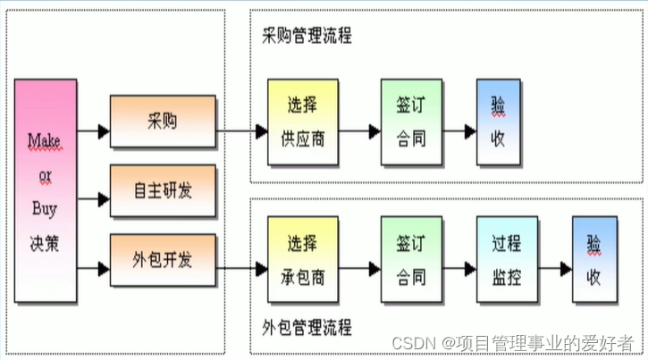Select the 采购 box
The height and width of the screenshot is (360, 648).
click(162, 121)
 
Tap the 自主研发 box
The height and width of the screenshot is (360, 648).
click(162, 190)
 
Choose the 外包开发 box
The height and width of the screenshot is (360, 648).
click(162, 260)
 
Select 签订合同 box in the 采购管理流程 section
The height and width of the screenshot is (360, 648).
click(411, 121)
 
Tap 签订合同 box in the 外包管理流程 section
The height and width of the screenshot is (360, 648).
click(411, 260)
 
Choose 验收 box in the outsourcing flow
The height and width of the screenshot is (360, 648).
click(593, 260)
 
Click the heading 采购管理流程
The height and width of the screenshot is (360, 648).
click(306, 37)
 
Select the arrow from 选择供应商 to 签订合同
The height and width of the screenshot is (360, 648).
click(359, 131)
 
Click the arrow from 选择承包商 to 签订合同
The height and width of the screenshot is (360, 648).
click(359, 267)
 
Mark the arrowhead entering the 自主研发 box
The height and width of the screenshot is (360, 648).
click(102, 199)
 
